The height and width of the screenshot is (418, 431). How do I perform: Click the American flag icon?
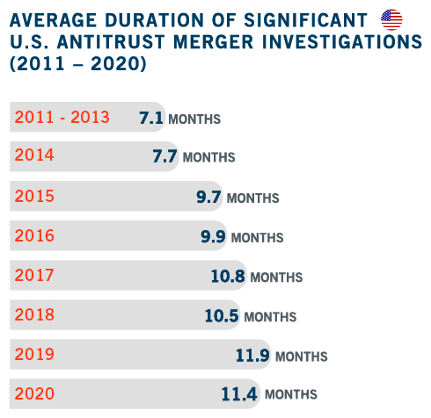[x=391, y=19]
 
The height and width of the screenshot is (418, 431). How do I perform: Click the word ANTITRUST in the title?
[x=111, y=41]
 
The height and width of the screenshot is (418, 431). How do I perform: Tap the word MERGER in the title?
[x=214, y=41]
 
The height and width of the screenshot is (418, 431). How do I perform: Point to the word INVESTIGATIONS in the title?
[x=342, y=41]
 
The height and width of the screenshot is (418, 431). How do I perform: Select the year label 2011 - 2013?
[x=62, y=117]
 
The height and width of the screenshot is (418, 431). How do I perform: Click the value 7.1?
[x=151, y=118]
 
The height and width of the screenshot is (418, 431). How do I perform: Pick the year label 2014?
[x=34, y=155]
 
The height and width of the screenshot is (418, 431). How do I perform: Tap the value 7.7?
[x=164, y=156]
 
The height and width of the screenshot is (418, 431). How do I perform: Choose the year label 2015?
[x=34, y=196]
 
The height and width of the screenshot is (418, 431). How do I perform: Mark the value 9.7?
[x=208, y=197]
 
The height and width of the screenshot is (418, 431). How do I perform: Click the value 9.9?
[x=213, y=236]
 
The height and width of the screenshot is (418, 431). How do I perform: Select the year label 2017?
[x=34, y=275]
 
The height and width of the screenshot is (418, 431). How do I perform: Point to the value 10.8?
[x=228, y=276]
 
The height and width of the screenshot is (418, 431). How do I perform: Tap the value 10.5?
[x=222, y=316]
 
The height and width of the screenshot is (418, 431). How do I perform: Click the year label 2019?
[x=34, y=354]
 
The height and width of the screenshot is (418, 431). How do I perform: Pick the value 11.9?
[x=252, y=355]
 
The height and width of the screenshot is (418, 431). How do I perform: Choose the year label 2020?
[x=34, y=393]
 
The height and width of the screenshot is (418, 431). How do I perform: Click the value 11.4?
[x=239, y=394]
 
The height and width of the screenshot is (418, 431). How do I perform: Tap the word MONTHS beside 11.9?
[x=302, y=357]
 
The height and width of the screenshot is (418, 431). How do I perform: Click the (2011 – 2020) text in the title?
[x=78, y=63]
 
